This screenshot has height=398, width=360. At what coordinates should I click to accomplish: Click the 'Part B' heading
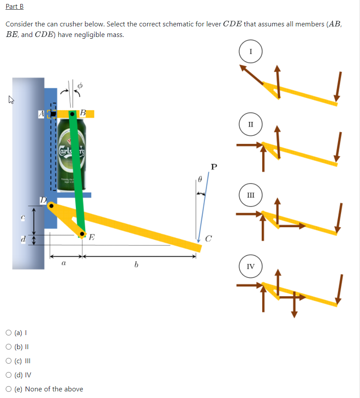pos(15,7)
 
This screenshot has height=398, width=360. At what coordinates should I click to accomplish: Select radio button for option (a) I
pos(9,332)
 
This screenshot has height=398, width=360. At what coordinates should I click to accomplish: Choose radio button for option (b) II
pos(9,346)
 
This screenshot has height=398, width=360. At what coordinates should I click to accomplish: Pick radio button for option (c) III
pos(9,361)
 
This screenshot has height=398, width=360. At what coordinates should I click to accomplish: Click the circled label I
pos(251,51)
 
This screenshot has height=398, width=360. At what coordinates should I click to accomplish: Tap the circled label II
pos(251,123)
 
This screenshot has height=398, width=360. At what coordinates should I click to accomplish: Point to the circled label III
pos(251,195)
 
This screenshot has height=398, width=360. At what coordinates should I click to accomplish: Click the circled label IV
pos(251,266)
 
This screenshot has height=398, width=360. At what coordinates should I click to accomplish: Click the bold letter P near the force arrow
pos(214,167)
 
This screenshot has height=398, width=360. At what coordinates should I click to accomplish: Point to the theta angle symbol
pos(200,179)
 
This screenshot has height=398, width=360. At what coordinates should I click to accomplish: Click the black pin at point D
pos(52,206)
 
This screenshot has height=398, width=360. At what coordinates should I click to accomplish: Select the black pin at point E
pos(82,233)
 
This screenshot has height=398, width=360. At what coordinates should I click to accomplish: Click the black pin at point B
pos(71,114)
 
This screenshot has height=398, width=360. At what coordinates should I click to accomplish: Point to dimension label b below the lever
pos(137,265)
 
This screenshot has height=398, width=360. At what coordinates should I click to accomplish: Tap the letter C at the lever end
pos(209,239)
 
